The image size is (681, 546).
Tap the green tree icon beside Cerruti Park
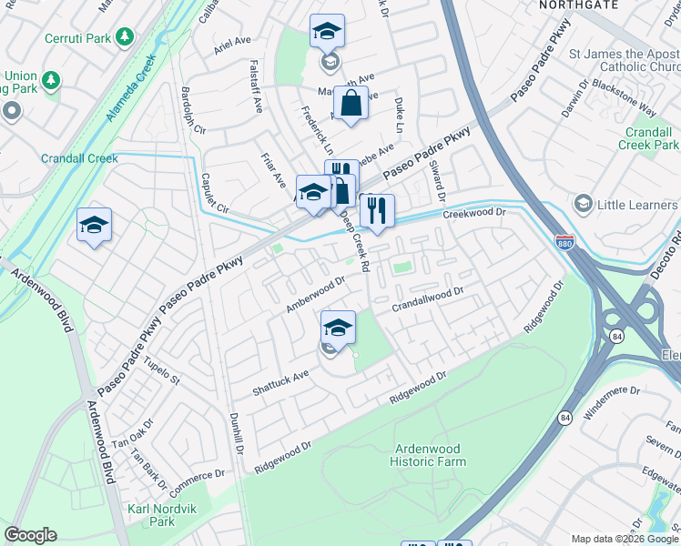[x=124, y=37]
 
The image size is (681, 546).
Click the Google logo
[x=30, y=535]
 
